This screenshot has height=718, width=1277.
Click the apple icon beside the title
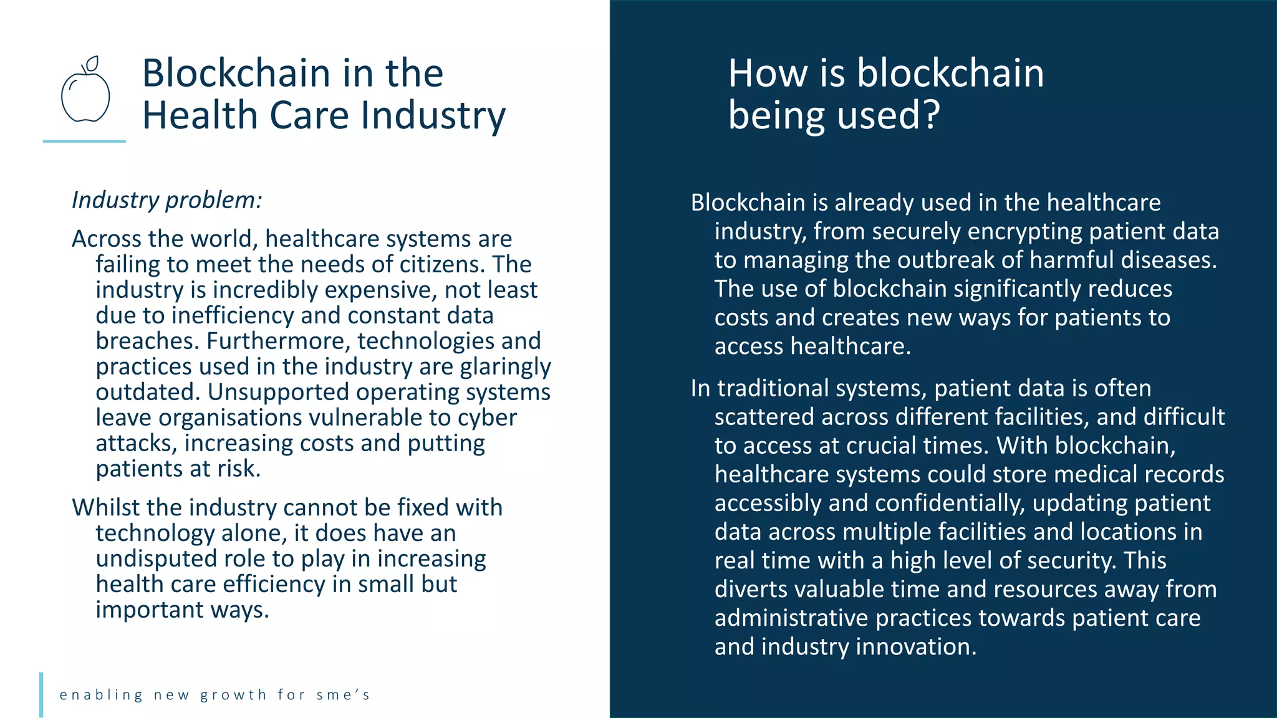[85, 93]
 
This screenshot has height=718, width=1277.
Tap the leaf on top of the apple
[92, 64]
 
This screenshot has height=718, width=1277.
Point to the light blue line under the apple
[84, 141]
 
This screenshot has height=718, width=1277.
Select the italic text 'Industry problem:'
[167, 200]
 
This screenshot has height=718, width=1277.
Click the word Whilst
[105, 507]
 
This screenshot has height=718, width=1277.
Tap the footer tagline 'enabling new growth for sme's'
[215, 695]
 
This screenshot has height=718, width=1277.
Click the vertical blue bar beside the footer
[41, 694]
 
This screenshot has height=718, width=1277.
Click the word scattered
[764, 417]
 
